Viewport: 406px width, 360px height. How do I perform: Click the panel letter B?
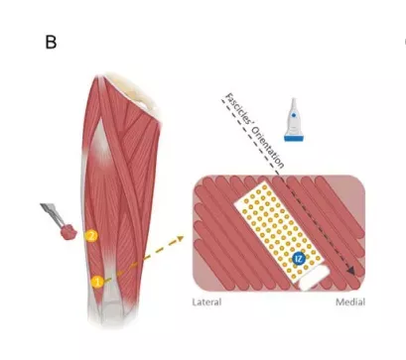pyautogui.click(x=51, y=43)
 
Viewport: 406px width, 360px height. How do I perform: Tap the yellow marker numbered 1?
pyautogui.click(x=97, y=282)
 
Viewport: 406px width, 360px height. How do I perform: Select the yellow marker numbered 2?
pyautogui.click(x=91, y=236)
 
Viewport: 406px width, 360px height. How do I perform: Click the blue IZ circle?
pyautogui.click(x=299, y=259)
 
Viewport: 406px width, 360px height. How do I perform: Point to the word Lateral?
pyautogui.click(x=206, y=301)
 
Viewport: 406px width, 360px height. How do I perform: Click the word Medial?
pyautogui.click(x=350, y=301)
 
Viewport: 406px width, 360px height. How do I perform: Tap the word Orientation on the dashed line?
pyautogui.click(x=268, y=147)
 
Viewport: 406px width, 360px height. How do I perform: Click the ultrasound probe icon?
pyautogui.click(x=294, y=120)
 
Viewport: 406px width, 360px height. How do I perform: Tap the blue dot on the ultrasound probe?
pyautogui.click(x=293, y=116)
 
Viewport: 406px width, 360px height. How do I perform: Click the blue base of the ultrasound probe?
pyautogui.click(x=294, y=138)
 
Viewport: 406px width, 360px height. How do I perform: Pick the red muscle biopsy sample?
pyautogui.click(x=68, y=232)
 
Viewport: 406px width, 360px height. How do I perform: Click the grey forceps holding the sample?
pyautogui.click(x=52, y=214)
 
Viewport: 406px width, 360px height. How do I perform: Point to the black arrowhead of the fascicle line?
pyautogui.click(x=350, y=270)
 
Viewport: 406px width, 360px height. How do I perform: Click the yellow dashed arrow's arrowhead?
pyautogui.click(x=180, y=238)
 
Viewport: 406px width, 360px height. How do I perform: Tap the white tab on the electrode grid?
pyautogui.click(x=315, y=278)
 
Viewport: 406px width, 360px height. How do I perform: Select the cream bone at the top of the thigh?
pyautogui.click(x=132, y=89)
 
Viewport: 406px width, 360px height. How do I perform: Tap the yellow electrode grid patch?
pyautogui.click(x=278, y=232)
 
